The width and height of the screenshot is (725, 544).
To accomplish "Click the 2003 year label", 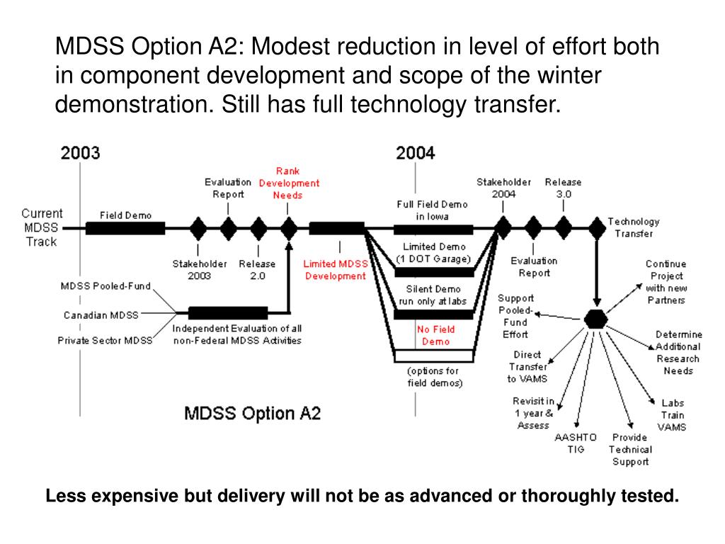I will [x=80, y=152].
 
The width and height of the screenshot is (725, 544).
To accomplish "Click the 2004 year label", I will [x=416, y=152].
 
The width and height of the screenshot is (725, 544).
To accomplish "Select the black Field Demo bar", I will [x=125, y=228].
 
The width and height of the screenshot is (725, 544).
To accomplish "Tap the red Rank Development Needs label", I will [x=288, y=183].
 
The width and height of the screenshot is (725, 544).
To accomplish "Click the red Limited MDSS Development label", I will [x=336, y=270].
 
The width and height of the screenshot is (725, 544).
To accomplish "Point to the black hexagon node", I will [x=596, y=319].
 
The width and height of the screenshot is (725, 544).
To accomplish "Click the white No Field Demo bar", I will [x=433, y=356].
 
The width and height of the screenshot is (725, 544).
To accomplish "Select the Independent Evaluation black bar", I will [x=228, y=312].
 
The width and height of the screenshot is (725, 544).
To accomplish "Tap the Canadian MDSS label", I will [x=101, y=314].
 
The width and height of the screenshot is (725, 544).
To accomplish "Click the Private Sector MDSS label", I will [x=105, y=341].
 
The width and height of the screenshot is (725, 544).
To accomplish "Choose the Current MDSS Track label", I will [x=42, y=227].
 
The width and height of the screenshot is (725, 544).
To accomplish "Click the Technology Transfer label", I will [x=633, y=227].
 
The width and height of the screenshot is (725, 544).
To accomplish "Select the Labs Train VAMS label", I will [x=671, y=414].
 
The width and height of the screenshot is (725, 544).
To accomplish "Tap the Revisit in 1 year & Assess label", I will [x=533, y=413].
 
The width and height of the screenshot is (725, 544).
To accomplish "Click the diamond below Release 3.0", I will [x=564, y=228].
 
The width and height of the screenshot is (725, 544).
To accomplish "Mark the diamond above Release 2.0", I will [x=258, y=228].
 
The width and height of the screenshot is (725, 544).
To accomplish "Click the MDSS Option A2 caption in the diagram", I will [x=252, y=413].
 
